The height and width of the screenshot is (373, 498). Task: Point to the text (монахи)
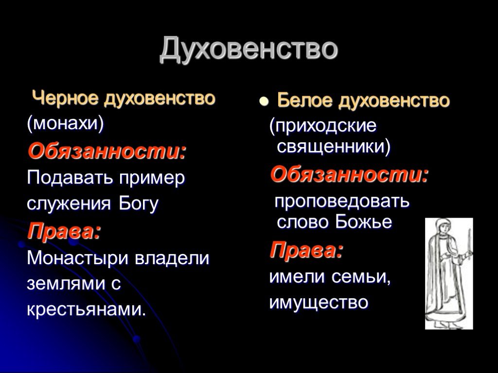(66, 123)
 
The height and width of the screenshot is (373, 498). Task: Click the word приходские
(323, 126)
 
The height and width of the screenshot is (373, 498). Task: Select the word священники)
(334, 147)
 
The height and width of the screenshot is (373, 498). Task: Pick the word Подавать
(70, 178)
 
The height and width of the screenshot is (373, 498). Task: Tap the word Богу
(139, 203)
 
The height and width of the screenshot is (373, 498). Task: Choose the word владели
(172, 258)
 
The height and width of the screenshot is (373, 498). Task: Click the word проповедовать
(342, 201)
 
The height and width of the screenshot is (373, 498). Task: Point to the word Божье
(364, 222)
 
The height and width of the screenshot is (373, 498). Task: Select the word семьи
(360, 277)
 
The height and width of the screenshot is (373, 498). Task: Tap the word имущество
(319, 303)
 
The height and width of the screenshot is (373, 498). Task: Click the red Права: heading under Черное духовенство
(64, 231)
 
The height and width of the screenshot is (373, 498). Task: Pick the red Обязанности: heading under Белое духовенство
(349, 175)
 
